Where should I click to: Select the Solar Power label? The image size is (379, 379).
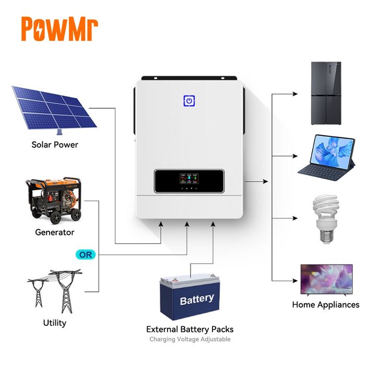(x=55, y=145)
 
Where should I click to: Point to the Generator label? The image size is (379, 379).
(x=55, y=232)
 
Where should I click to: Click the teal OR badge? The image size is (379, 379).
(x=85, y=255)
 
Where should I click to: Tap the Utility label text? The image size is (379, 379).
(x=55, y=323)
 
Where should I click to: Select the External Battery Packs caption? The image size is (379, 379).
(x=189, y=329)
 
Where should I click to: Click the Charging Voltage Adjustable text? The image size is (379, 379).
(x=189, y=339)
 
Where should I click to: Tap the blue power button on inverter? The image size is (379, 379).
(x=189, y=101)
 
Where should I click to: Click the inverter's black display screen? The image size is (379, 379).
(x=189, y=181)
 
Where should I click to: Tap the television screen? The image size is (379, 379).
(x=326, y=280)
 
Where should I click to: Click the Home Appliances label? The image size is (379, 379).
(x=326, y=304)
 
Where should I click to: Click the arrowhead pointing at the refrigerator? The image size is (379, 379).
(x=295, y=95)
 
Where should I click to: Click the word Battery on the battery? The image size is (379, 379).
(x=197, y=299)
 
